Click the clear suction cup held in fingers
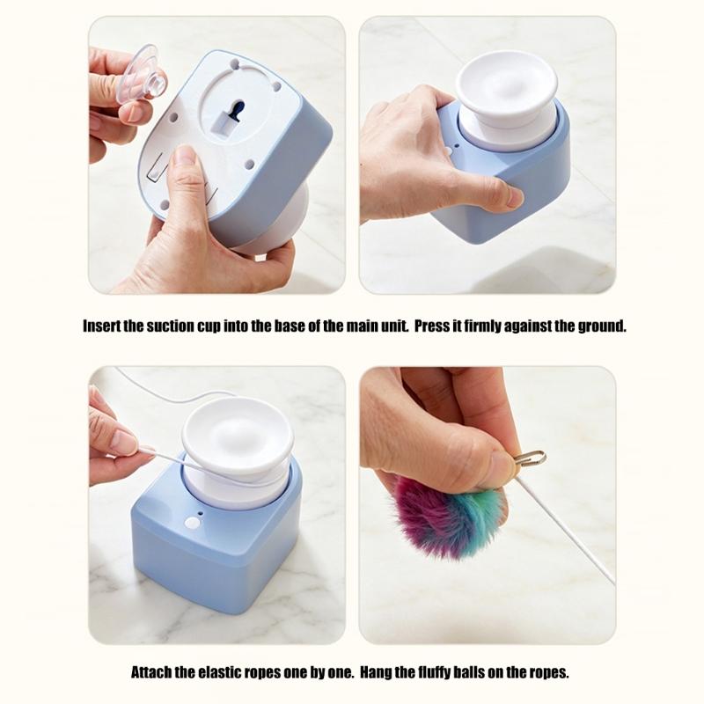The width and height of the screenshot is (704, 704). tap(142, 74)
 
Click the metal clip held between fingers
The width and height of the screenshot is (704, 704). tap(530, 458)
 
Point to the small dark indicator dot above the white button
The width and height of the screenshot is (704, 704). tap(201, 513)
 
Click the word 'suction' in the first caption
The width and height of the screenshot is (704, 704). tap(170, 326)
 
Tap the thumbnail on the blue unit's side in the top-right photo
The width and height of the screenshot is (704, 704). tap(514, 197)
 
